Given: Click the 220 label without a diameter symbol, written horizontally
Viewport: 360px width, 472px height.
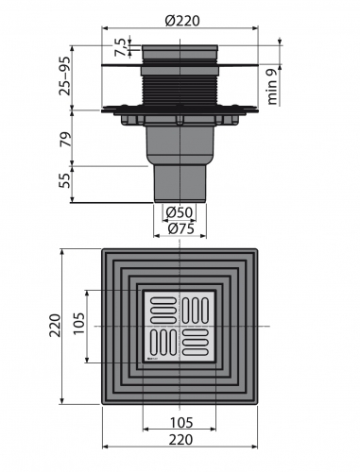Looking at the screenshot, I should pos(180,439).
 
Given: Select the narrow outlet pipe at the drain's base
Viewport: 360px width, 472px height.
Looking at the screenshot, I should pos(179,181).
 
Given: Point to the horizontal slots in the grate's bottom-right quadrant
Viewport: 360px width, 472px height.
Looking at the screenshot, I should pos(197,342).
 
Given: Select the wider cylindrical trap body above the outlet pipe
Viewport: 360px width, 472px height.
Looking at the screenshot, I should pos(179,142).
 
